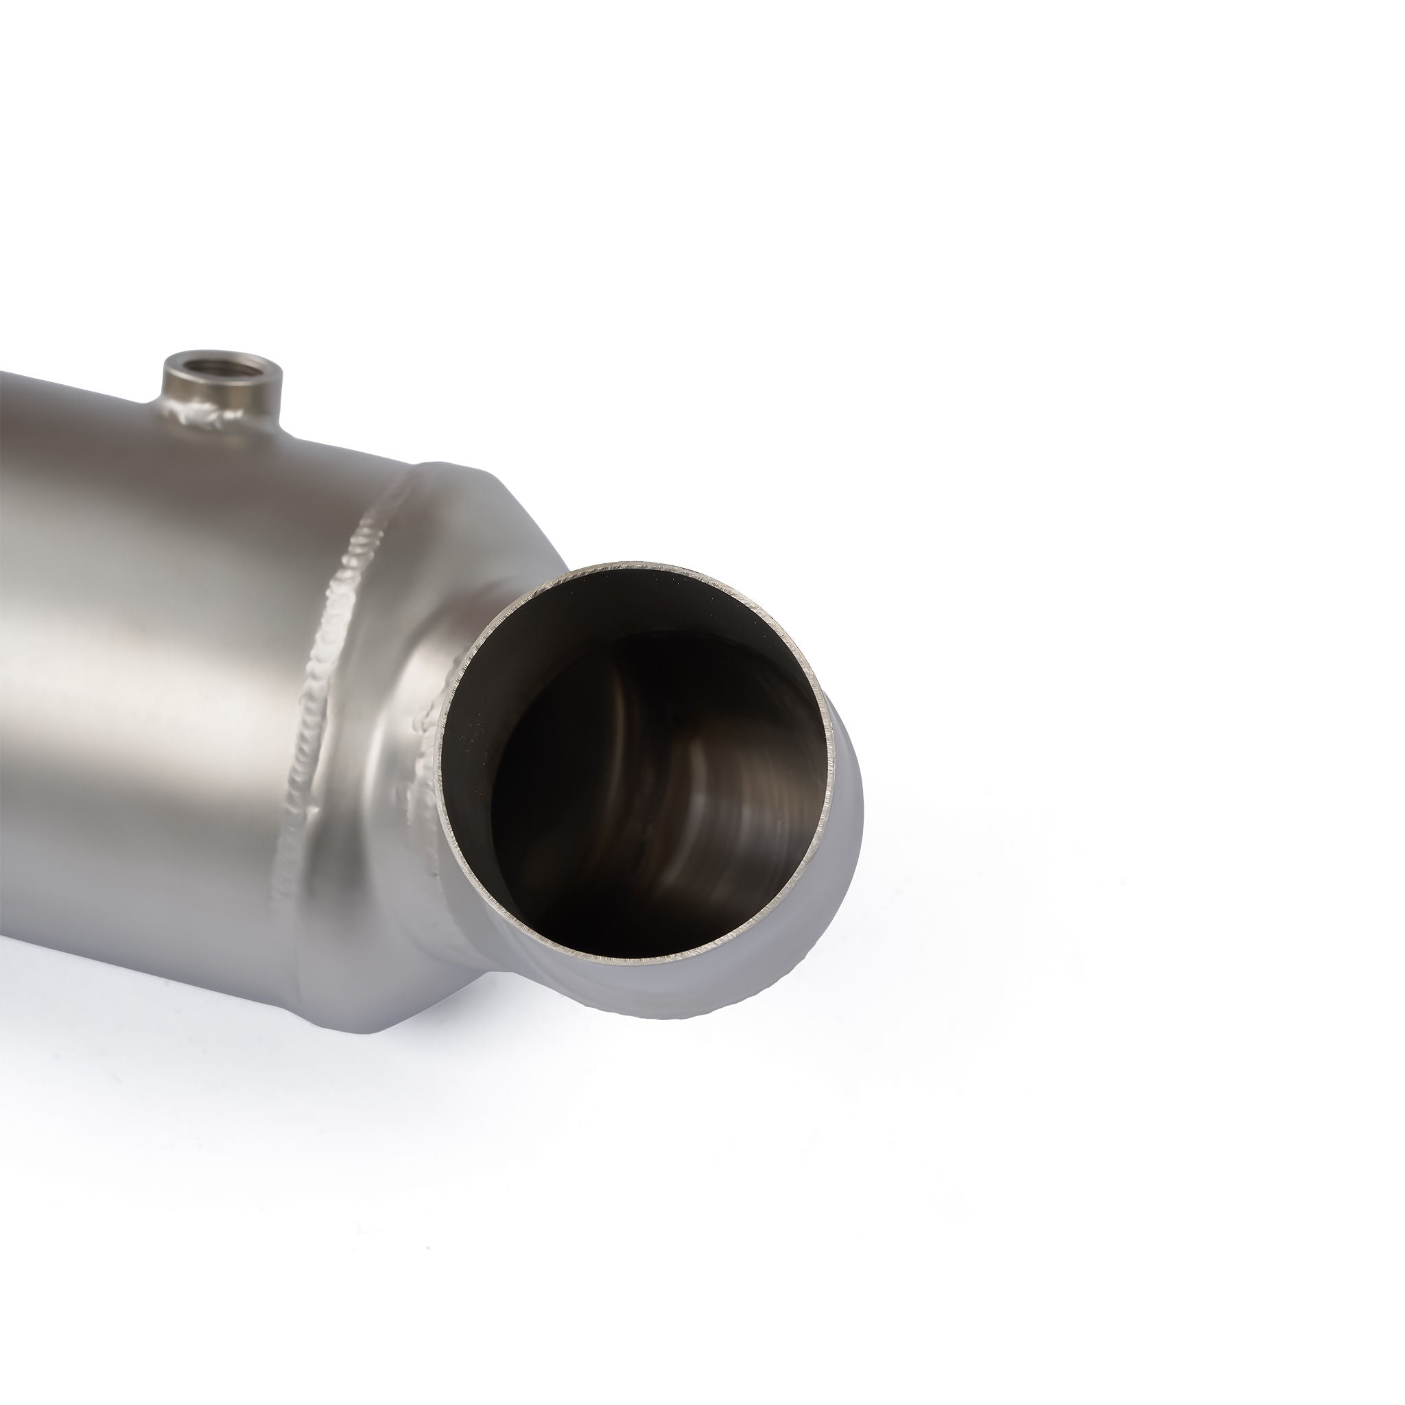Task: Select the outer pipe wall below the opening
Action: [x=654, y=989]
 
